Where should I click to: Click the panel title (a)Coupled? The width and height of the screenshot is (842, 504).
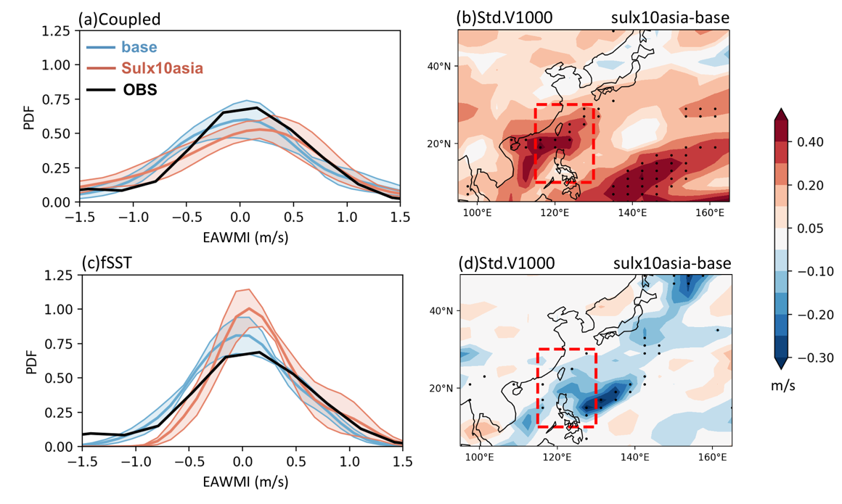pyautogui.click(x=119, y=20)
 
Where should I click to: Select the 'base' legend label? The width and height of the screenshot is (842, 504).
pyautogui.click(x=139, y=47)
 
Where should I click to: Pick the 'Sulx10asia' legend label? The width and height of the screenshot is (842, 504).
pyautogui.click(x=162, y=68)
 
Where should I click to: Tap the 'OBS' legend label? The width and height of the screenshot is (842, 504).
pyautogui.click(x=140, y=89)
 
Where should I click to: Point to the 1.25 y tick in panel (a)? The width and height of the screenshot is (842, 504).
pyautogui.click(x=57, y=31)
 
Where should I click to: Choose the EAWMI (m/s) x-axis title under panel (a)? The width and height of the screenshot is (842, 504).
pyautogui.click(x=245, y=236)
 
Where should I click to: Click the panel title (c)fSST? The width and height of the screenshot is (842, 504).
pyautogui.click(x=107, y=263)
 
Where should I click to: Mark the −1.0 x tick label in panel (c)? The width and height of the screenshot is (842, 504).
pyautogui.click(x=129, y=462)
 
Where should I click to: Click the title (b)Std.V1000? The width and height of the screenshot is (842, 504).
pyautogui.click(x=504, y=17)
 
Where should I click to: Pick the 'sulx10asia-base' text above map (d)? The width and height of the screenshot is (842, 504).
pyautogui.click(x=671, y=263)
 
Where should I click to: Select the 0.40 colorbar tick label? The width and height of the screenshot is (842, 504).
pyautogui.click(x=810, y=141)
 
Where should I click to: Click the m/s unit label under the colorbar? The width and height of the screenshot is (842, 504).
pyautogui.click(x=783, y=385)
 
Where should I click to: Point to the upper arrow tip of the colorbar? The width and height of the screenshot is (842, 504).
pyautogui.click(x=781, y=108)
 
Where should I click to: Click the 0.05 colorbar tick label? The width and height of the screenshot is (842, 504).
pyautogui.click(x=810, y=228)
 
